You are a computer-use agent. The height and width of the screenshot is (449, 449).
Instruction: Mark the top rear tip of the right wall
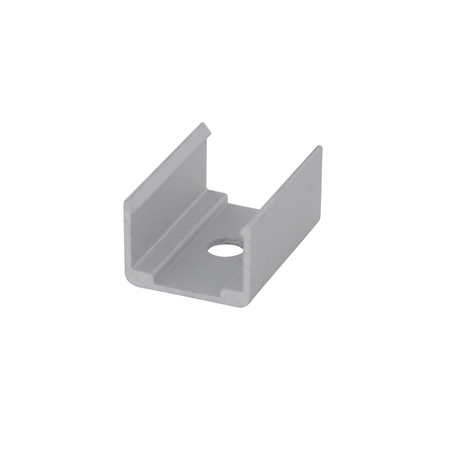tap(319, 147)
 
